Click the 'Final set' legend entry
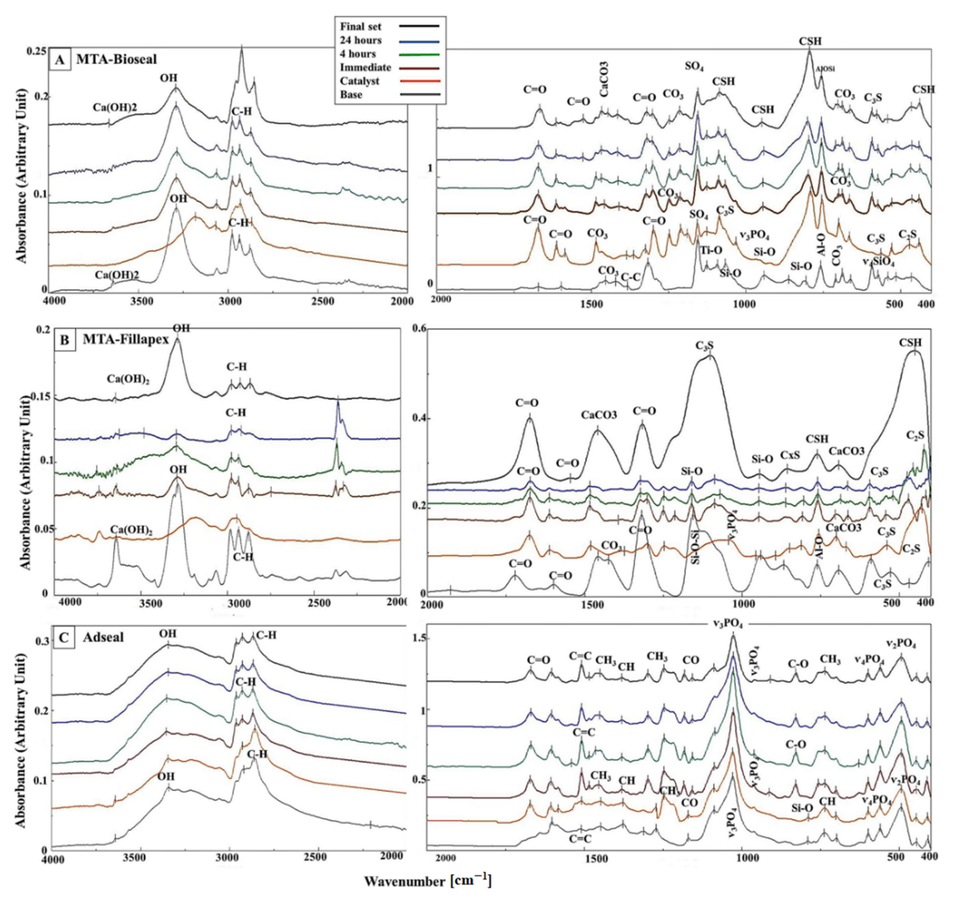(361, 26)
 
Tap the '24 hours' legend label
(361, 40)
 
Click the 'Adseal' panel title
(103, 638)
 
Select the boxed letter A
(61, 60)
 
